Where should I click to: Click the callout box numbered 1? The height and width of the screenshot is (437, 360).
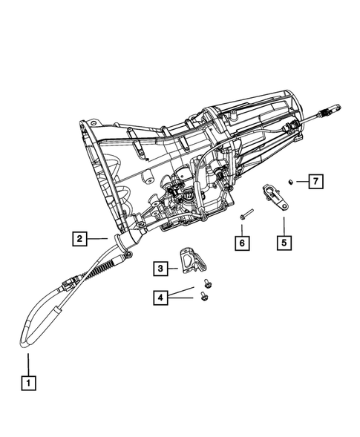tap(28, 384)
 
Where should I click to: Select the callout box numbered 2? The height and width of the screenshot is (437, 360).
tap(78, 239)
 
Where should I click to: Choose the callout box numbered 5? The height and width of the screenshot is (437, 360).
tap(283, 241)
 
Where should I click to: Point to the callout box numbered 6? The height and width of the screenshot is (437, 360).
tap(241, 241)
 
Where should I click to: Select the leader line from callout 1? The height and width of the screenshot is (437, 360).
tap(28, 364)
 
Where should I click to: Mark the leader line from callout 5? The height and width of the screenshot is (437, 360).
tap(283, 223)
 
